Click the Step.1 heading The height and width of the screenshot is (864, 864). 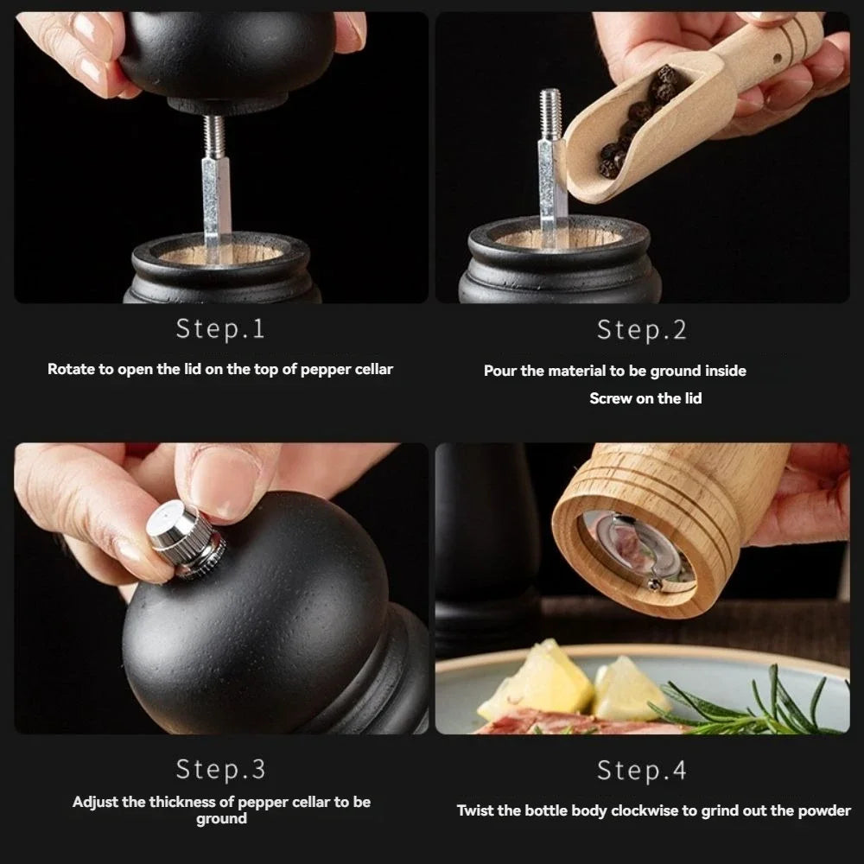(x=220, y=329)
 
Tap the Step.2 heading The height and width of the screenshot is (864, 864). (x=641, y=329)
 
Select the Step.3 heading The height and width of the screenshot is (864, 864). (x=220, y=768)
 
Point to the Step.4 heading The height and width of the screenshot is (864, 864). (x=641, y=768)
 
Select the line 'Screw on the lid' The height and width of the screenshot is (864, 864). (x=645, y=398)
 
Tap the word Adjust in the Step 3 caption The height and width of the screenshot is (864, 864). (x=95, y=802)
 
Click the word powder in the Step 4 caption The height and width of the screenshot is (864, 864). (x=826, y=810)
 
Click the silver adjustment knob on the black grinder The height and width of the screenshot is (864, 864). (x=183, y=539)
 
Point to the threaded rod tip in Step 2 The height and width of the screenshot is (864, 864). (x=550, y=112)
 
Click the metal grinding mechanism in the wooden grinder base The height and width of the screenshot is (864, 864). (x=635, y=549)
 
